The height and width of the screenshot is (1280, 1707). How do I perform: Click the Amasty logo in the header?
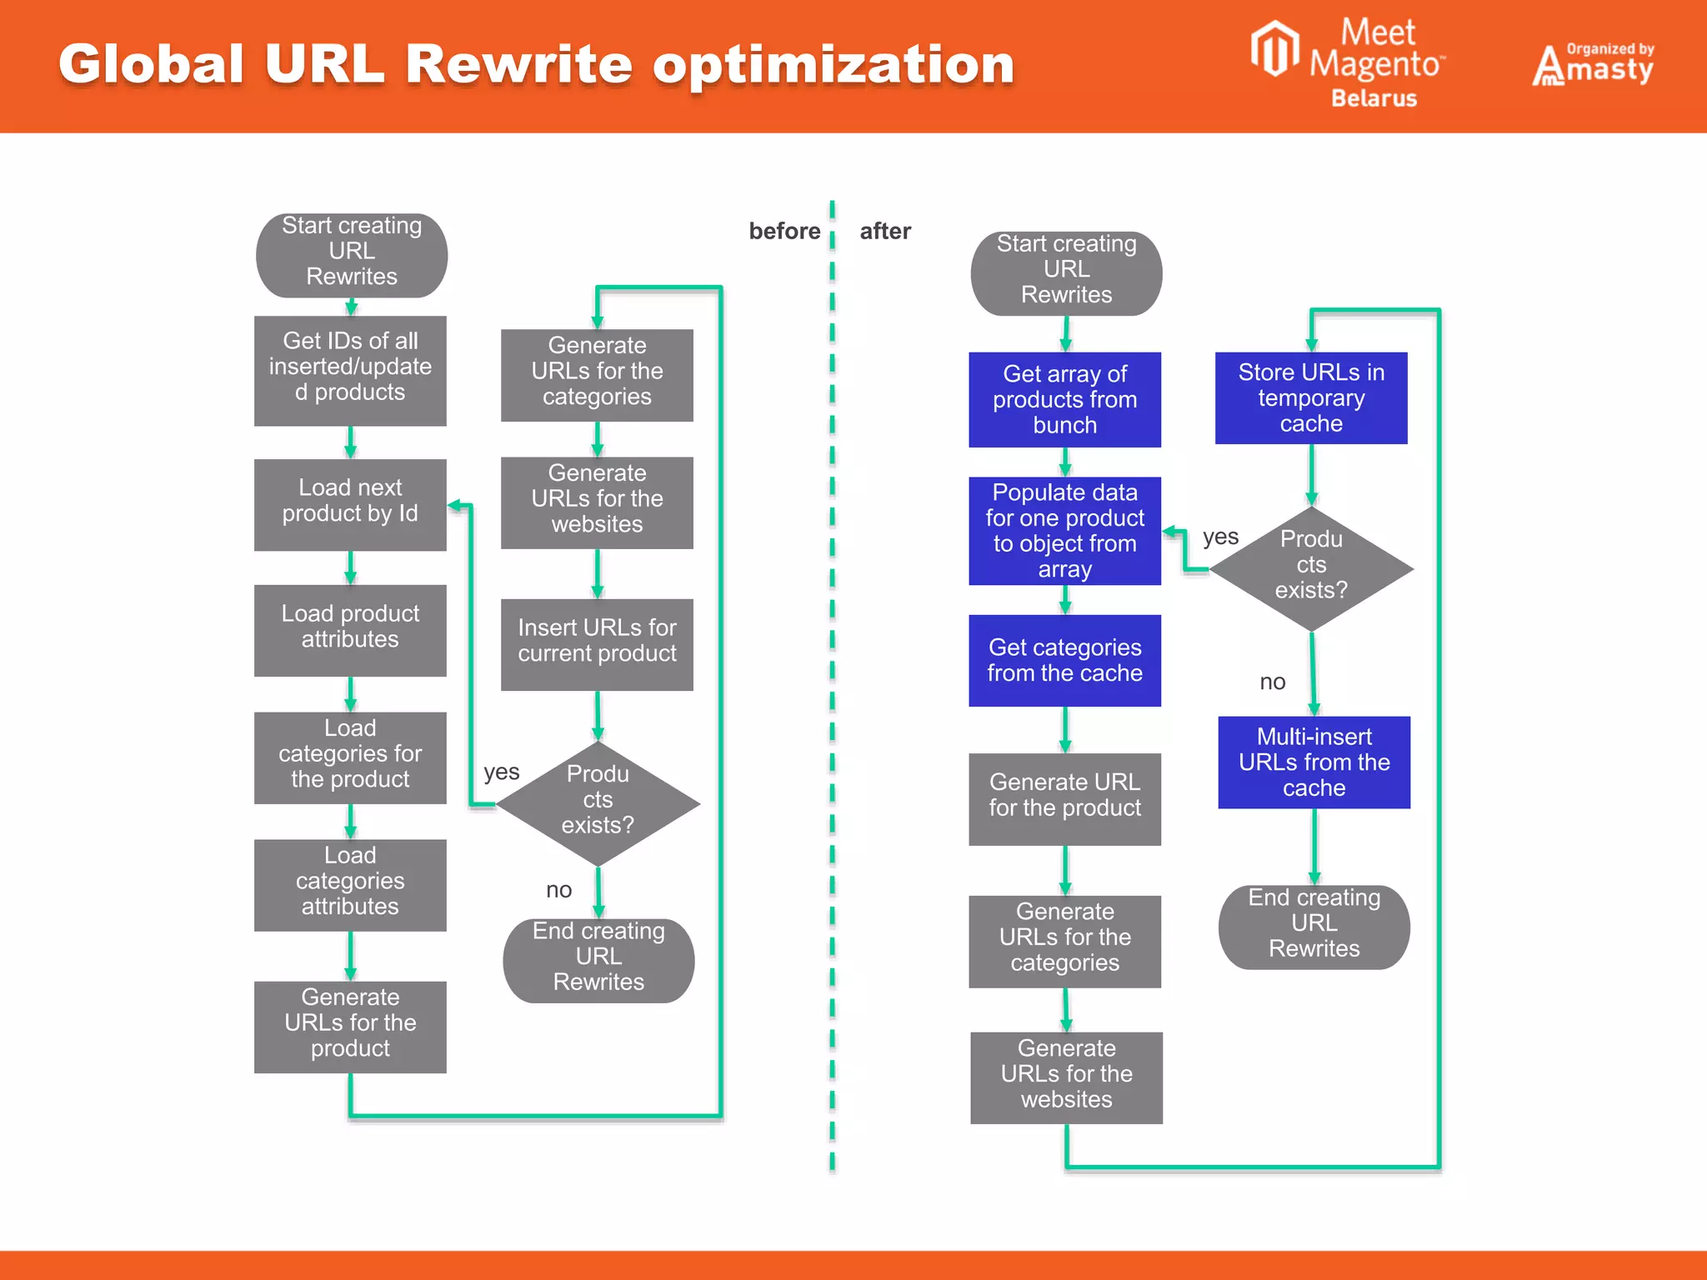1593,65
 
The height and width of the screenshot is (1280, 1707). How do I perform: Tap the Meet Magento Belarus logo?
1350,62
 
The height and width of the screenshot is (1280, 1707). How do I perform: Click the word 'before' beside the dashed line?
784,231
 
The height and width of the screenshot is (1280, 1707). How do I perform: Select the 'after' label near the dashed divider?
885,231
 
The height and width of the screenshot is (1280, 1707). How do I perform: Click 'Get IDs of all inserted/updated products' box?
350,370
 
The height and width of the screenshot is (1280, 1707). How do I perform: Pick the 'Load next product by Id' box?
350,504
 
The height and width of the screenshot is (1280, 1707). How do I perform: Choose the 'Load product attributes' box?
350,630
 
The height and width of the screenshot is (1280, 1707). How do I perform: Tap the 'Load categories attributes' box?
350,884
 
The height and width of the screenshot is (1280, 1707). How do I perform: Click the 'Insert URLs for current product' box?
597,644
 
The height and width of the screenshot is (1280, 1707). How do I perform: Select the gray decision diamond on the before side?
598,803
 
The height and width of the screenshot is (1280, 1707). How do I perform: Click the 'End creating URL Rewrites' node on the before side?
598,960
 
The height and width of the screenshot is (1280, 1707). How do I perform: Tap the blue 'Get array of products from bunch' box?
1064,399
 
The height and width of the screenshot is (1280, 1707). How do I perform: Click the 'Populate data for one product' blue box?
1064,531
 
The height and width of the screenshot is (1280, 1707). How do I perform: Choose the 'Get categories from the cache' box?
1064,660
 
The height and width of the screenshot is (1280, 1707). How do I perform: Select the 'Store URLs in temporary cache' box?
1311,397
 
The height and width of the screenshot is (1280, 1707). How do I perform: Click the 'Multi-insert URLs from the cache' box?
1314,762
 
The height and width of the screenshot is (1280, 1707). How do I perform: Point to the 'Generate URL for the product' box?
1064,798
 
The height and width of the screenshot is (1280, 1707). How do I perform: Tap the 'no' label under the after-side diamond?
1272,682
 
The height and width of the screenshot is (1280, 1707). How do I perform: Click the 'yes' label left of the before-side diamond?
501,772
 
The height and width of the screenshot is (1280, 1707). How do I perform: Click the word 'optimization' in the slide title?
833,65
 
